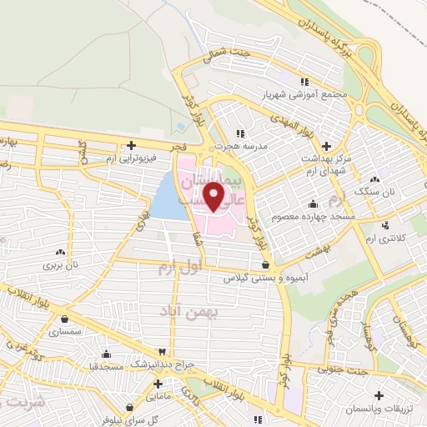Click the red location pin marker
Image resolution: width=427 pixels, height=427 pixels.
[214, 197]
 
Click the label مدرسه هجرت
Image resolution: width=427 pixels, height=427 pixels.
[241, 145]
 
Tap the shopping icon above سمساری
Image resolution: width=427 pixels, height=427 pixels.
[64, 318]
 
